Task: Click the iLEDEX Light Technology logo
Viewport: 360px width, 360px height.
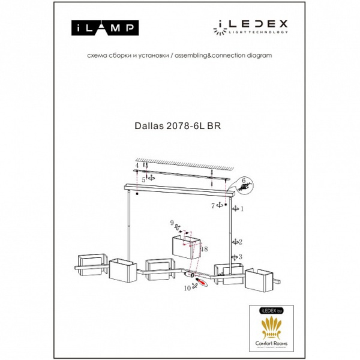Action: (x=251, y=25)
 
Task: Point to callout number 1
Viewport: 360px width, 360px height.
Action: (x=242, y=209)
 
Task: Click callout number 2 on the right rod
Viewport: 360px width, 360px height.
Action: (x=240, y=242)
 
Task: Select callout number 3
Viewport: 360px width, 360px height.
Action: (x=240, y=257)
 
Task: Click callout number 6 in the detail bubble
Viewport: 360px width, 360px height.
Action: (x=244, y=181)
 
